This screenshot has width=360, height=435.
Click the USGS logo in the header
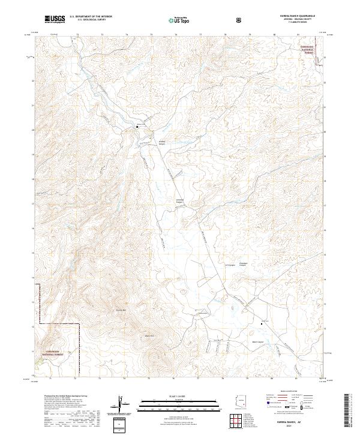point(55,19)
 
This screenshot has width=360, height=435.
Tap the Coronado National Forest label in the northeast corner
point(308,49)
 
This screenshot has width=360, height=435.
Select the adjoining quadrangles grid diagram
point(239,422)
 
